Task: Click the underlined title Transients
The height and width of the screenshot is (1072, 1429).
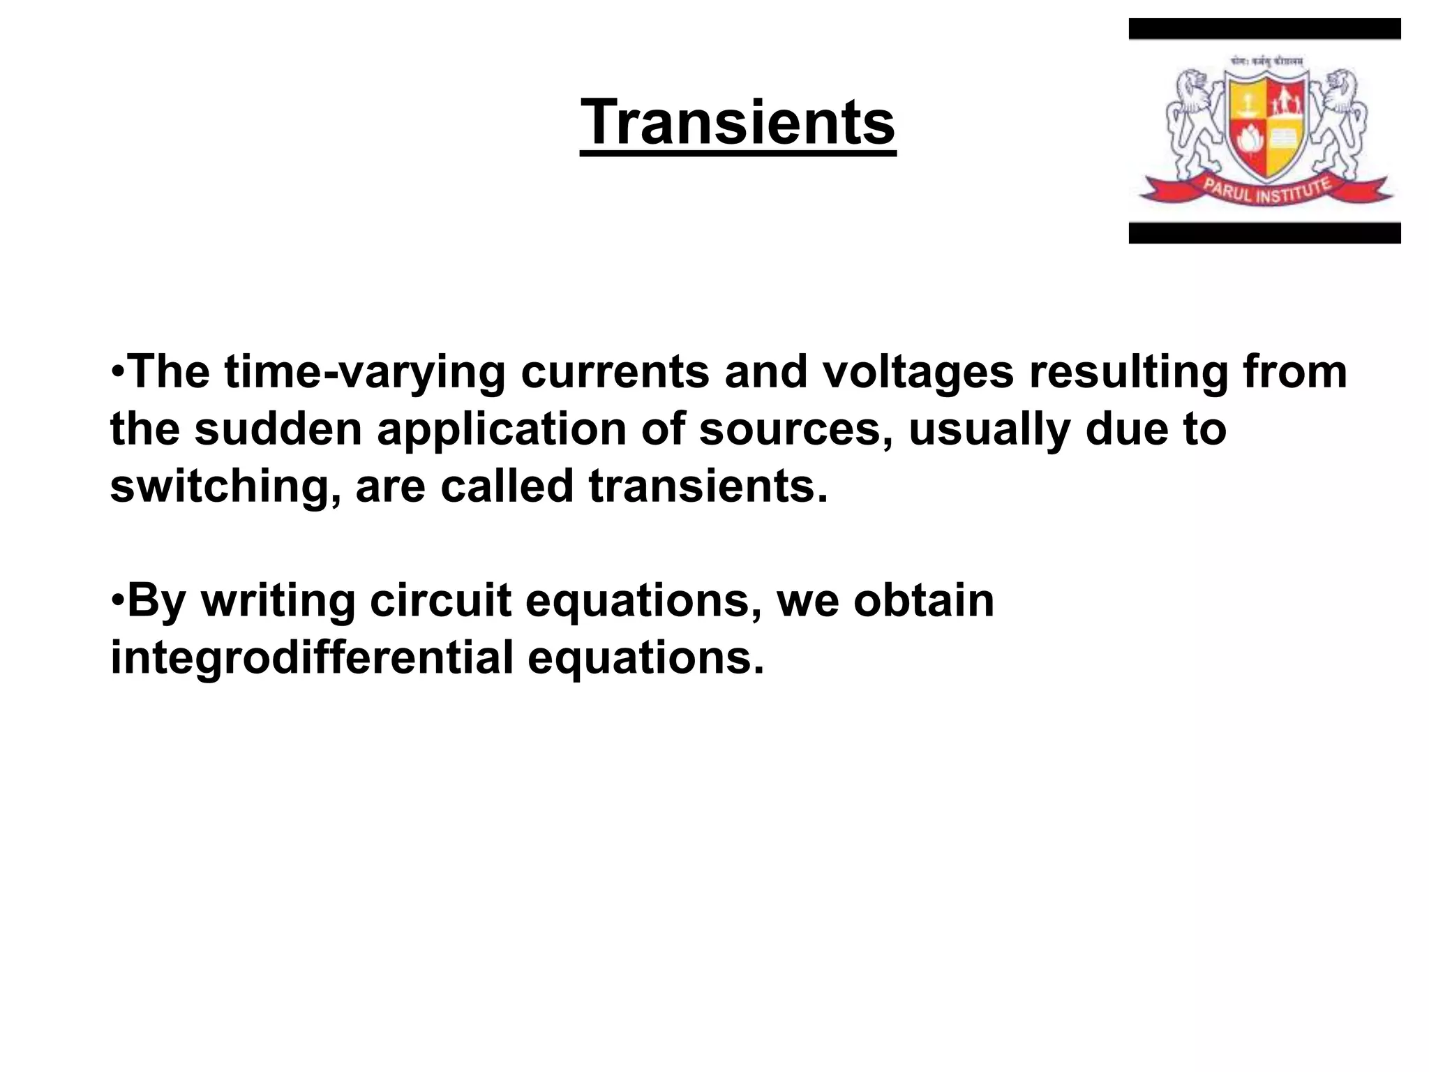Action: [x=738, y=123]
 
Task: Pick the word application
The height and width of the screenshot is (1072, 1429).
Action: [x=502, y=429]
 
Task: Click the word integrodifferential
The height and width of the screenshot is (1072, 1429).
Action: [x=312, y=657]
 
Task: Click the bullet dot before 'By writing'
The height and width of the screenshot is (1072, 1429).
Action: [x=118, y=599]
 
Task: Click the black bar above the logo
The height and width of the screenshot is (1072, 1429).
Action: [x=1264, y=29]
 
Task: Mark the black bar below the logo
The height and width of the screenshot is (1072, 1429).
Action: [x=1264, y=233]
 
